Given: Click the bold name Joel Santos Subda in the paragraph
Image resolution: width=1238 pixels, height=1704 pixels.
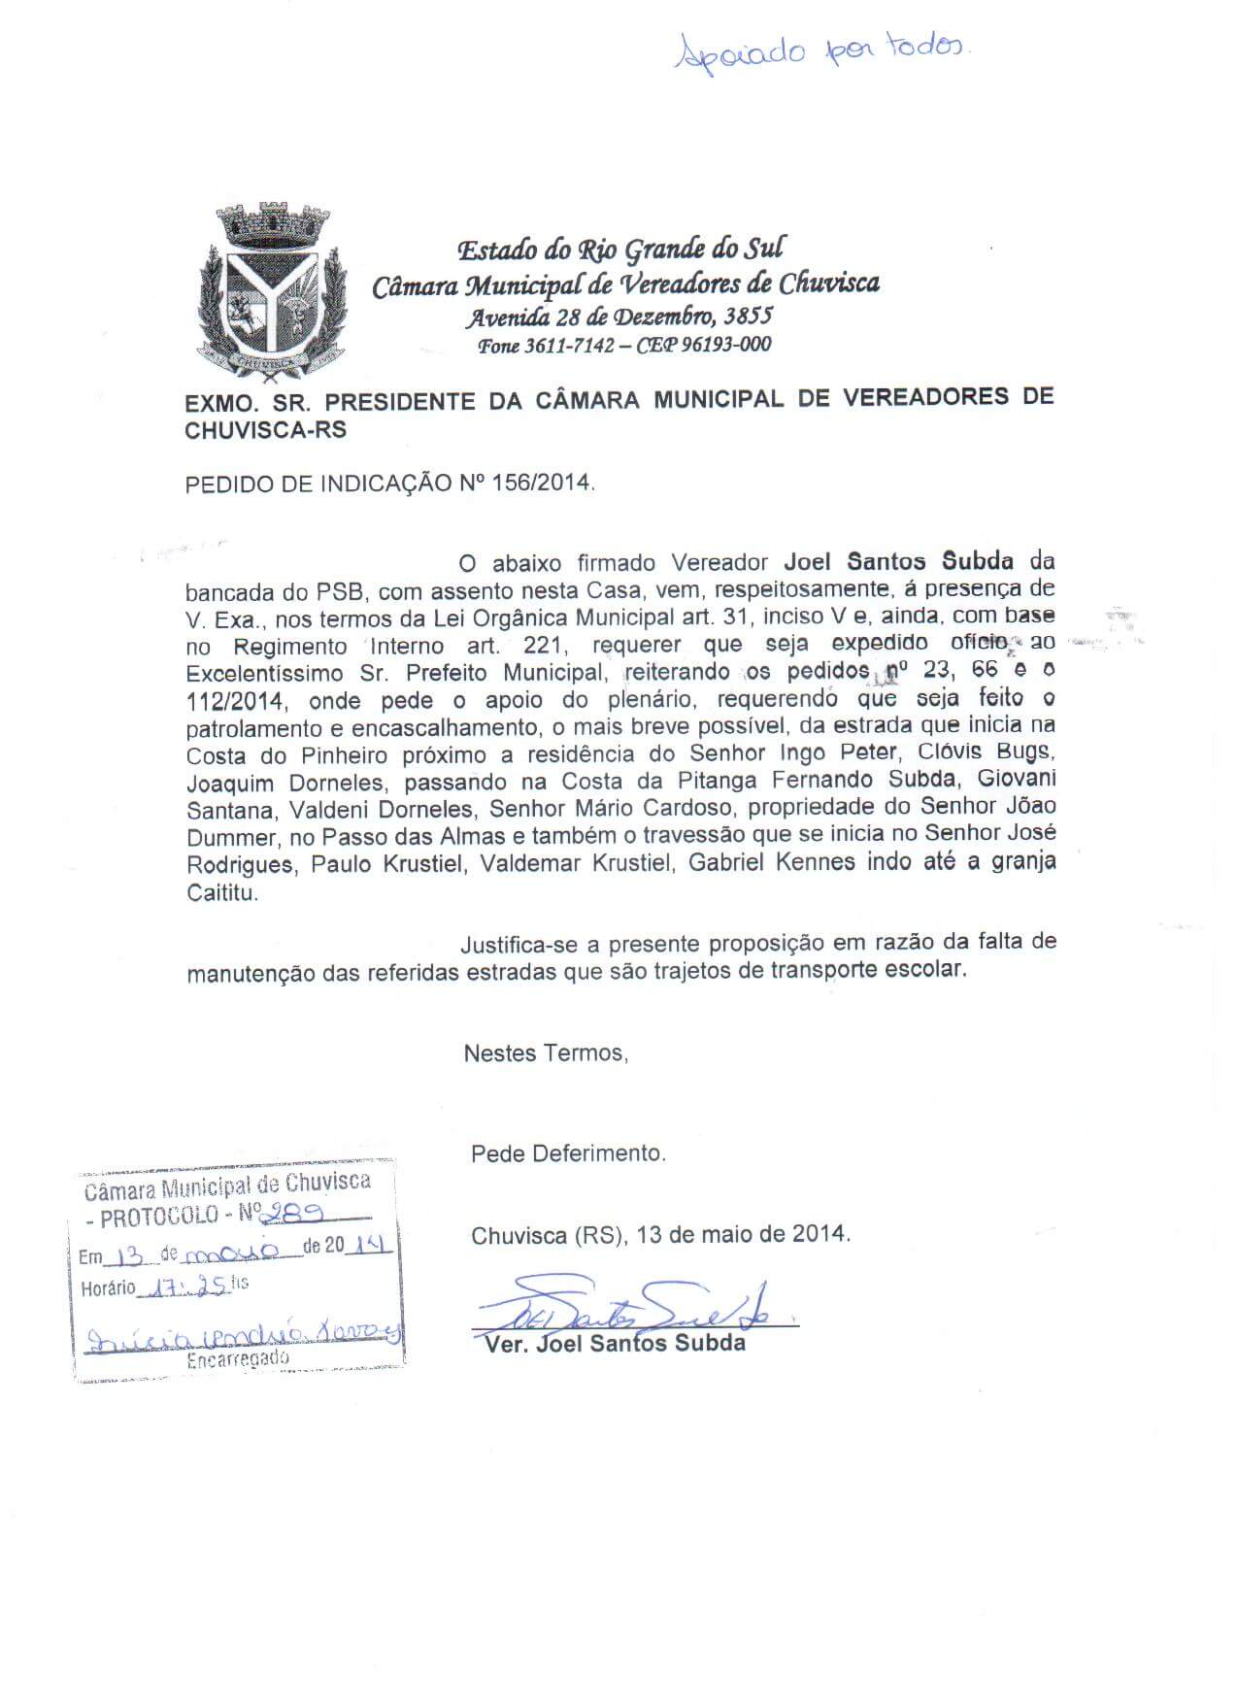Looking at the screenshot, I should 898,561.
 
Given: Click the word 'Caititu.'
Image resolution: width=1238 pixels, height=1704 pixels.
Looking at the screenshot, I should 222,893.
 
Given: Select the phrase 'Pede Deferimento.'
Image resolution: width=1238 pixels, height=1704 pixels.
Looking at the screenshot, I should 568,1153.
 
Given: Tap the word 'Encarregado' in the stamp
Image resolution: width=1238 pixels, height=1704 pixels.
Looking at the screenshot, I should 238,1358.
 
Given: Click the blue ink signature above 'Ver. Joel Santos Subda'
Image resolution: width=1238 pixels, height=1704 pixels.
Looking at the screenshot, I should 631,1310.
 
